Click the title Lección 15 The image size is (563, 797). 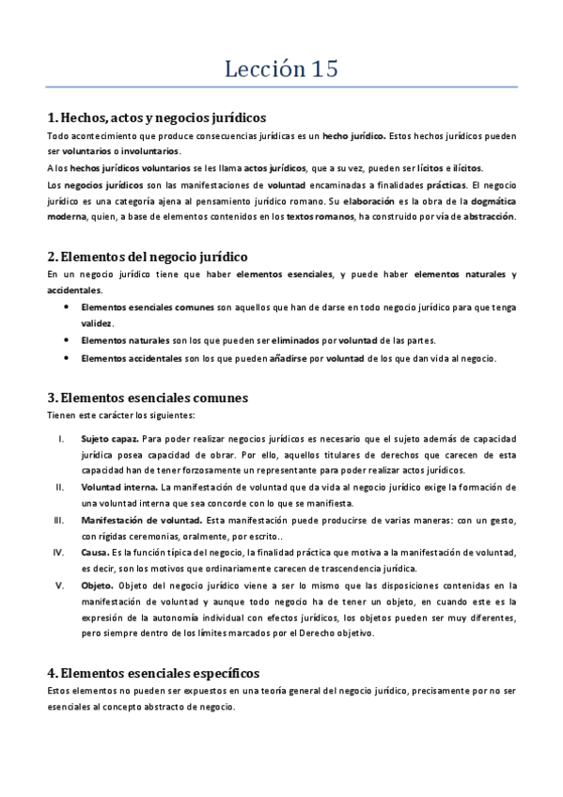(x=281, y=69)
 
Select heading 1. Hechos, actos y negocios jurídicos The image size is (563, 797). (x=156, y=118)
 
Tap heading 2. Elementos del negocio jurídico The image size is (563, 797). (x=148, y=256)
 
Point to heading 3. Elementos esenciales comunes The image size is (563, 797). (x=148, y=398)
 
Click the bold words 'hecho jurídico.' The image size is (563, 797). (x=353, y=136)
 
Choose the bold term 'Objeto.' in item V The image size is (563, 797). (x=98, y=585)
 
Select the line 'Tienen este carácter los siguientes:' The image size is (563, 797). (x=120, y=414)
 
